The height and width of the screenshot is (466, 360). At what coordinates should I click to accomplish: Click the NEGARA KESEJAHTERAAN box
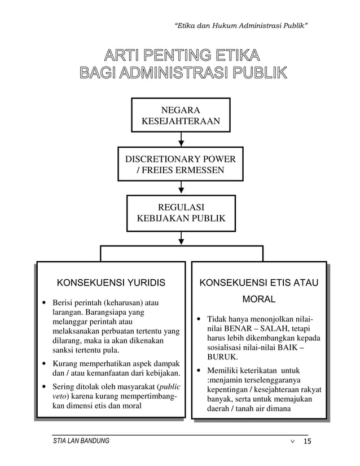(181, 115)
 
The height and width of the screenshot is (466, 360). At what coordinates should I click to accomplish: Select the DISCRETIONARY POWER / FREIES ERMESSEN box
(181, 164)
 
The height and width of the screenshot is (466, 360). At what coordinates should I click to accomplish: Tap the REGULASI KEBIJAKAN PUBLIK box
(181, 213)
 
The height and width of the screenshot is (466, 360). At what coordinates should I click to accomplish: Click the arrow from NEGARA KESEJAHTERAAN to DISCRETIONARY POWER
(181, 139)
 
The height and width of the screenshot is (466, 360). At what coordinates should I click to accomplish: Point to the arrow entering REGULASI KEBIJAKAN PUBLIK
(181, 188)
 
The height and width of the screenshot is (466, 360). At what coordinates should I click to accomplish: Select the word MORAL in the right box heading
(258, 299)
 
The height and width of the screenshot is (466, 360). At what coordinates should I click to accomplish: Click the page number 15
(308, 441)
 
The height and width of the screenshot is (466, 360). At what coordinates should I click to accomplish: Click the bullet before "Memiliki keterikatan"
(199, 371)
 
